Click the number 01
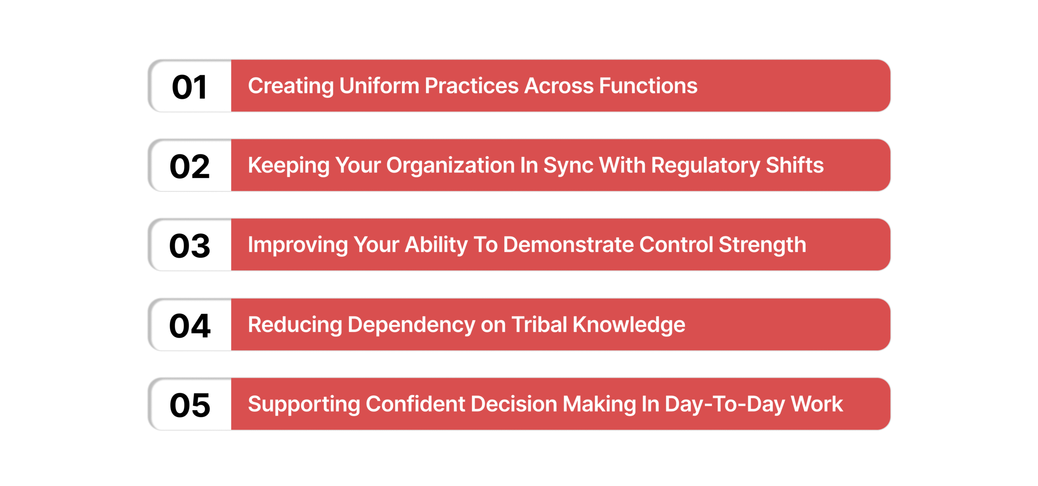coord(189,87)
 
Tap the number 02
coord(189,167)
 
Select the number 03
coord(189,246)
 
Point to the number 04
coord(189,326)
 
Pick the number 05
coord(189,405)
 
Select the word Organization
coord(450,166)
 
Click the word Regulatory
coord(706,166)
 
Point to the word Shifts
coord(794,165)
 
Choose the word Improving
coord(298,245)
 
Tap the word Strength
coord(762,245)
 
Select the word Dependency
coord(411,325)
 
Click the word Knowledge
coord(628,325)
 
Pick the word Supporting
coord(304,405)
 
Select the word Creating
coord(291,86)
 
